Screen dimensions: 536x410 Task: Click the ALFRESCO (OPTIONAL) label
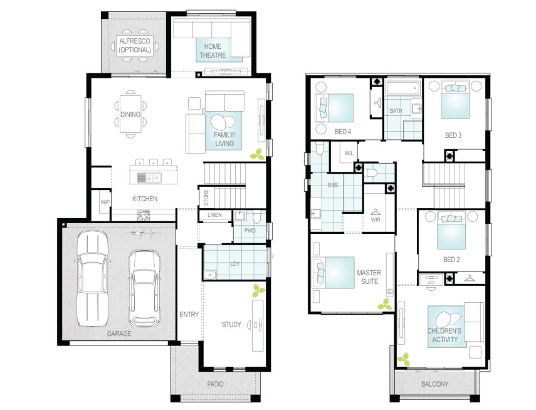[135, 46]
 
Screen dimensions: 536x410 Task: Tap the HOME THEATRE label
[213, 51]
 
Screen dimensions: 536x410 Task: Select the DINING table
[130, 114]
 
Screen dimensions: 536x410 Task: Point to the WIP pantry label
[105, 202]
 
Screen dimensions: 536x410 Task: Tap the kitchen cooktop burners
[143, 215]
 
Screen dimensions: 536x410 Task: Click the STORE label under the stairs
[206, 197]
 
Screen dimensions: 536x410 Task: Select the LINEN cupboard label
[214, 215]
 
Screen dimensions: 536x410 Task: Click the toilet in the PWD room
[257, 216]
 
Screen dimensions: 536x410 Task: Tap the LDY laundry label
[235, 264]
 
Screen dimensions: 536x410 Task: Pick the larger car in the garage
[92, 278]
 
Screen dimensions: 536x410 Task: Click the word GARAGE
[119, 334]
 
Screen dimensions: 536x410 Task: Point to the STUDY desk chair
[250, 325]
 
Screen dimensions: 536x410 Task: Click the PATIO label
[216, 384]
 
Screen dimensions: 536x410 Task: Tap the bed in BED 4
[334, 108]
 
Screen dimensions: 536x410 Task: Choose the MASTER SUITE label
[369, 277]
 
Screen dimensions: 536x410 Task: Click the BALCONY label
[435, 384]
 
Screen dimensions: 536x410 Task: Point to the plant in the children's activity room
[403, 359]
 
